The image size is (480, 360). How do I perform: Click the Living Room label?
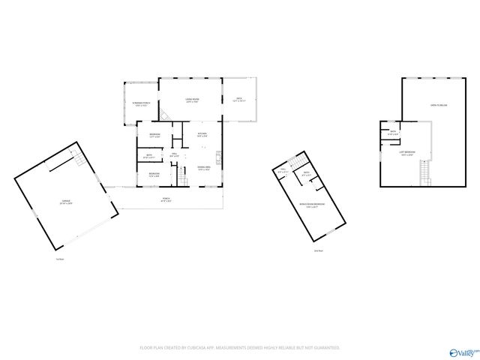(192, 100)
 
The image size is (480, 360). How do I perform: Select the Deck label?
(239, 99)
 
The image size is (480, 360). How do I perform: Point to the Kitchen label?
(202, 135)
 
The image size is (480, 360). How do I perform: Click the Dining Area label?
(203, 168)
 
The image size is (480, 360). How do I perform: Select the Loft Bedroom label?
(407, 153)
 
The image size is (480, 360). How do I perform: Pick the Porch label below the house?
(166, 200)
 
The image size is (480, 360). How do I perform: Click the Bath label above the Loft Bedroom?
(392, 133)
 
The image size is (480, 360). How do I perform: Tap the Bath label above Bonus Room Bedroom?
(306, 174)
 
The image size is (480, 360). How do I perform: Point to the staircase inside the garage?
(78, 160)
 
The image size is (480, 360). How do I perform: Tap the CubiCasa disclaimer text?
(240, 348)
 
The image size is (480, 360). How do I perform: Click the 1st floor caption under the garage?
(59, 259)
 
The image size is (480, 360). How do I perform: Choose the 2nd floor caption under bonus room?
(319, 250)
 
